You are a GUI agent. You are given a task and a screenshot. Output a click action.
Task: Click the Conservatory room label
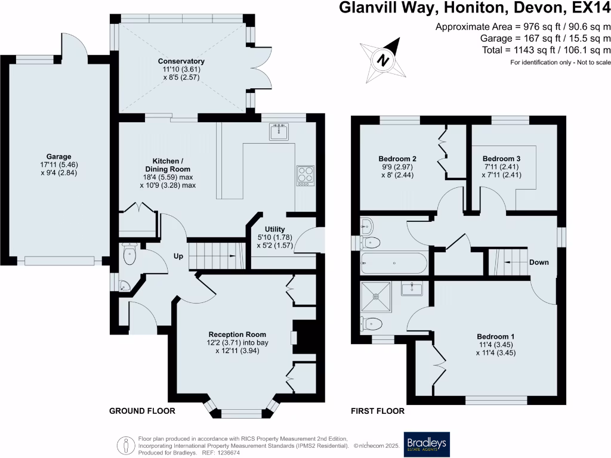181,61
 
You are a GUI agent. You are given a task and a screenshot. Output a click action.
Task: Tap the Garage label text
59,157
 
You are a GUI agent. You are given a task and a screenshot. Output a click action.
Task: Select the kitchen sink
279,132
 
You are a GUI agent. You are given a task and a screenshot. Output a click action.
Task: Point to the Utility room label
274,230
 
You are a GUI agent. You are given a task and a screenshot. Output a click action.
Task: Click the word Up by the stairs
178,256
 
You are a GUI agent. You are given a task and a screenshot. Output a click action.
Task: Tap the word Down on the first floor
539,262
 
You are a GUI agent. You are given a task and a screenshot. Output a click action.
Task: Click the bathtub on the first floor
394,264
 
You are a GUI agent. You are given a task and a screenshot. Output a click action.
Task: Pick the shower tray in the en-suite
376,297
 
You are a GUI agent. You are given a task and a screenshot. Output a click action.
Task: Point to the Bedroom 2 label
397,159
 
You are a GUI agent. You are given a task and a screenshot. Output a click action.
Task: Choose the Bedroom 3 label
501,159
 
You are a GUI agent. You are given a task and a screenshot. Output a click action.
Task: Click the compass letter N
384,61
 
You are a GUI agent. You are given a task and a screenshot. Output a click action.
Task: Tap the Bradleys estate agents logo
427,444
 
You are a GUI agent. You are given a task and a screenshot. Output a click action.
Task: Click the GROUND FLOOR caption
142,411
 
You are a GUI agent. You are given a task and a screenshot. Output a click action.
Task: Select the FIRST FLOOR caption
378,411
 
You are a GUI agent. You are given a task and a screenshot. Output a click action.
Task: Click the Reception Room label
237,335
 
